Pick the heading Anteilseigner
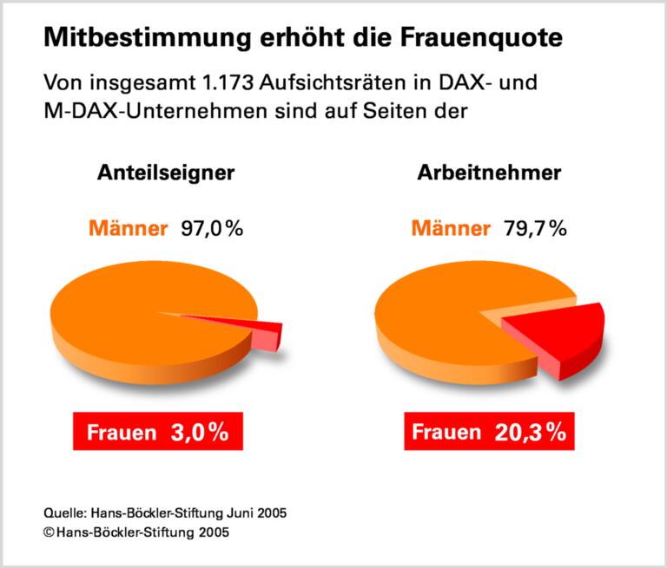point(165,173)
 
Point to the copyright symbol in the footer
point(49,532)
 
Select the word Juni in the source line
point(242,513)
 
